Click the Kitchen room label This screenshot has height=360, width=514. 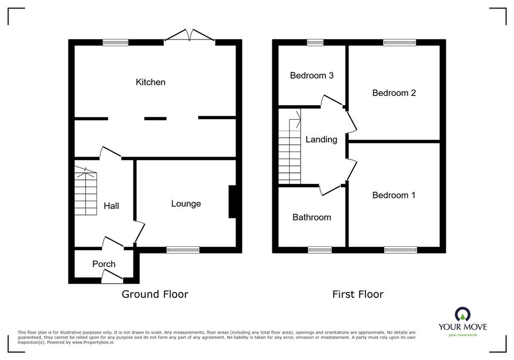tap(150, 82)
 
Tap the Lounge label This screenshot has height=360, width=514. tap(186, 204)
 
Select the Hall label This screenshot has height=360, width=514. tap(111, 206)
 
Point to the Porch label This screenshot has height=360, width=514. tap(104, 264)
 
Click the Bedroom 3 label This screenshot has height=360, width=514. tap(312, 75)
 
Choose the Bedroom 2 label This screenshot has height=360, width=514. tap(394, 93)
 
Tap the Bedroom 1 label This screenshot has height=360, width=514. tap(394, 195)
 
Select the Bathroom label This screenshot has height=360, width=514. tap(312, 217)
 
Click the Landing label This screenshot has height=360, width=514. tap(321, 139)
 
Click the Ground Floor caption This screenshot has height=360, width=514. tap(155, 294)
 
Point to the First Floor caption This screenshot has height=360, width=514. tap(358, 294)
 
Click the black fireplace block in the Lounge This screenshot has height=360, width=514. tap(232, 202)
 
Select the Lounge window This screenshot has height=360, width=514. tap(183, 250)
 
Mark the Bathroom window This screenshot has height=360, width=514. tap(320, 250)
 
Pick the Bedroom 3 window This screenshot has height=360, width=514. tap(315, 43)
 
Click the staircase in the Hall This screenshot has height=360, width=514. tap(86, 191)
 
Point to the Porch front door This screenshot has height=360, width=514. tap(112, 276)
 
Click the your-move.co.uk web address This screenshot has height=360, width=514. tap(463, 335)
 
